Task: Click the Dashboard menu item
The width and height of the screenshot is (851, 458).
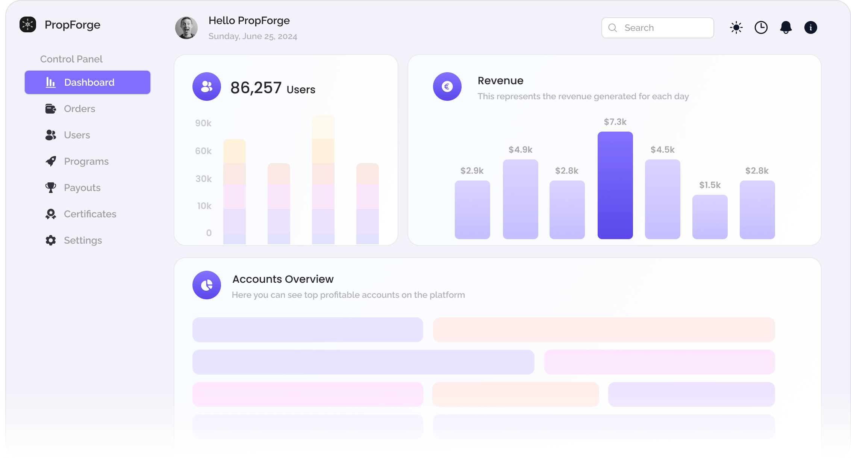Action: coord(88,82)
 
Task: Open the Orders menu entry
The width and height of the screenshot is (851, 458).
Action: coord(79,109)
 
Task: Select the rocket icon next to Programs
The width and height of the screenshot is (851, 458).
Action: coord(51,161)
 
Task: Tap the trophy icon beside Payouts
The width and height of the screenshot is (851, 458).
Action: coord(51,188)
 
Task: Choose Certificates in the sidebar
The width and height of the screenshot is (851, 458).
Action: coord(90,214)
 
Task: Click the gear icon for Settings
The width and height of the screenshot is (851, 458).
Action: coord(51,240)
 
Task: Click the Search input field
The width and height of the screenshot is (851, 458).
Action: coord(658,28)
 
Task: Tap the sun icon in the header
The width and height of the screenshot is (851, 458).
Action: coord(736,28)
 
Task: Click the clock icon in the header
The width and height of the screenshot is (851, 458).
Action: coord(761,28)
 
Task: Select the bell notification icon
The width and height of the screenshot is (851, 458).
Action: coord(786,27)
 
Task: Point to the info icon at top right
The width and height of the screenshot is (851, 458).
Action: coord(810,28)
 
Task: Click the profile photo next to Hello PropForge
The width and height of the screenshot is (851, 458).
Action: coord(186,28)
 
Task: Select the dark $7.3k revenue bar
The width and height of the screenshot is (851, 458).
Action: coord(615,185)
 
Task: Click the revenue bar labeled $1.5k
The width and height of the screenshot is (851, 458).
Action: coord(710,217)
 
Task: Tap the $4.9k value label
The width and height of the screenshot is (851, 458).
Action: coord(520,150)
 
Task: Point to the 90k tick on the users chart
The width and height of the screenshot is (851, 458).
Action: coord(203,123)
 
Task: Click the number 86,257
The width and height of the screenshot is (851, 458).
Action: coord(256,88)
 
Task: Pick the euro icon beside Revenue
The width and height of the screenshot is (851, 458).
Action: coord(447,86)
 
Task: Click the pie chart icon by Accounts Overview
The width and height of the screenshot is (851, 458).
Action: coord(207,285)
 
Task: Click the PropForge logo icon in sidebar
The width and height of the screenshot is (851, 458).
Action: coord(28,25)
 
